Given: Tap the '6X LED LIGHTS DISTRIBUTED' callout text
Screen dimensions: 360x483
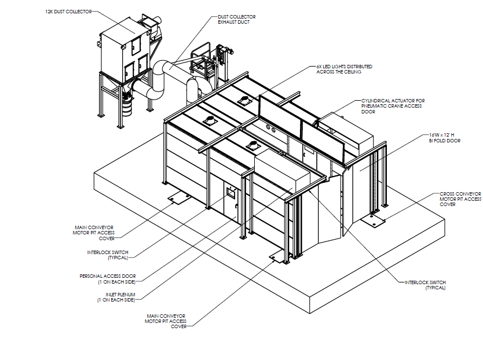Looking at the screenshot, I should point(344,67).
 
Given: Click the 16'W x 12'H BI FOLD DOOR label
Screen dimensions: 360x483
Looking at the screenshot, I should point(445,137).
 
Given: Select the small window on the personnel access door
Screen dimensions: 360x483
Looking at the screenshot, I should point(229,190).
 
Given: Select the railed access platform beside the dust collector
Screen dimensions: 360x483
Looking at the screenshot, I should point(206,58).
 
